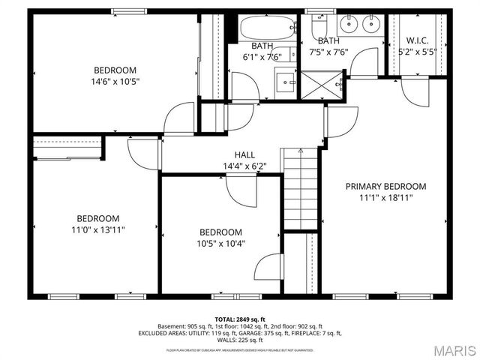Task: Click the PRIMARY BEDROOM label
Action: coord(385,186)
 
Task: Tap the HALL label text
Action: coord(234,154)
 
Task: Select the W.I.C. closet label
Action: coord(418,40)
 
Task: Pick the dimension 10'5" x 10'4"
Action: coord(220,243)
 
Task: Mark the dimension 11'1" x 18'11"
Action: coord(385,197)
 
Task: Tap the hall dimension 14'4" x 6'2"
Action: coord(234,166)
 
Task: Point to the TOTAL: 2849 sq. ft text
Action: coord(240,319)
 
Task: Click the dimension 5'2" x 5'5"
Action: coord(418,52)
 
